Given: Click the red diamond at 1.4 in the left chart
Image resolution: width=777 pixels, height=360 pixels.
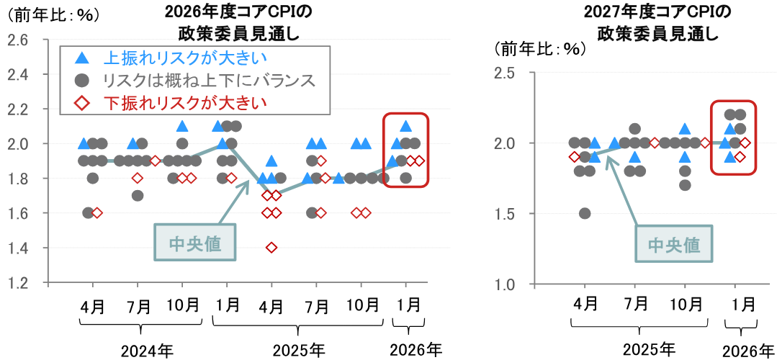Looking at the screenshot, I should [271, 248].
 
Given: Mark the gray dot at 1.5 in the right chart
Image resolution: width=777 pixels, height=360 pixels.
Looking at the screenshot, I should [585, 213].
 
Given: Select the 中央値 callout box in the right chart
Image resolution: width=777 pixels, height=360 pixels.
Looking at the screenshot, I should [674, 245].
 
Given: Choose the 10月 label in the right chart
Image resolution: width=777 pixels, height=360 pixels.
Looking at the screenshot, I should [686, 303].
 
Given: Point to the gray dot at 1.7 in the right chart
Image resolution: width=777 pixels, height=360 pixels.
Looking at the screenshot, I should [685, 185].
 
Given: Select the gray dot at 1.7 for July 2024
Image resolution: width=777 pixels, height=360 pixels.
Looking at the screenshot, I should [137, 195].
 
